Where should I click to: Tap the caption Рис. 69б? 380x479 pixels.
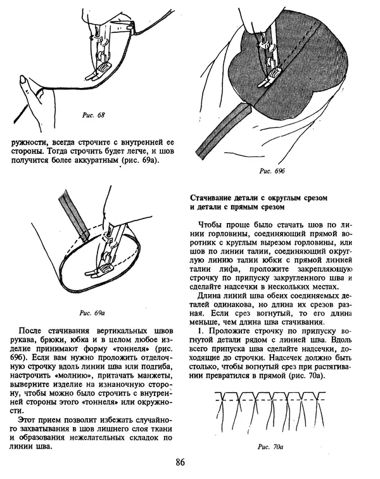tap(272, 172)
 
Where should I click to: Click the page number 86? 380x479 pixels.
tap(180, 461)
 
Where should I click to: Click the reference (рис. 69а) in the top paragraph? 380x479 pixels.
tap(142, 160)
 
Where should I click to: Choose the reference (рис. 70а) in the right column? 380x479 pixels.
tap(307, 376)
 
